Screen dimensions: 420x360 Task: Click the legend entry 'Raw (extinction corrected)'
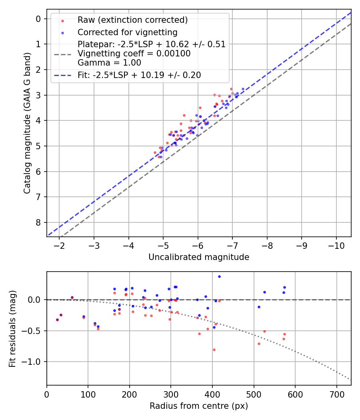pos(132,20)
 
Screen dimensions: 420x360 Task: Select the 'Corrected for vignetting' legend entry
pos(127,32)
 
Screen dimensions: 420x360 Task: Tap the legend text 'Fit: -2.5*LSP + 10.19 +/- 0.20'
pos(139,75)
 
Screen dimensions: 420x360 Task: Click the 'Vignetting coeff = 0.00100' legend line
pos(134,54)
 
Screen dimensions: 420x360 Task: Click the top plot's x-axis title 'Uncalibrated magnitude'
pos(199,257)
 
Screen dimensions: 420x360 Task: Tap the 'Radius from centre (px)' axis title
pos(199,406)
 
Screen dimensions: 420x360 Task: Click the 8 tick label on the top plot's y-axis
pos(38,222)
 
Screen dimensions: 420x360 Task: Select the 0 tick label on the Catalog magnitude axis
pos(38,19)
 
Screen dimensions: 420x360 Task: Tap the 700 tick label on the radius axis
pos(336,394)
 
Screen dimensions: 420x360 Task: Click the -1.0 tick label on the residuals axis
pos(32,362)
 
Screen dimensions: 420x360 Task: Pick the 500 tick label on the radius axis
pos(254,394)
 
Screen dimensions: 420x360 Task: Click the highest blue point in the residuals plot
pos(219,276)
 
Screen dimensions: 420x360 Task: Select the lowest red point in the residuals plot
pos(214,350)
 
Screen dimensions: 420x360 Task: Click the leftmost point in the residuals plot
pos(57,320)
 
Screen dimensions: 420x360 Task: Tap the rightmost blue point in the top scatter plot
pos(243,89)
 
